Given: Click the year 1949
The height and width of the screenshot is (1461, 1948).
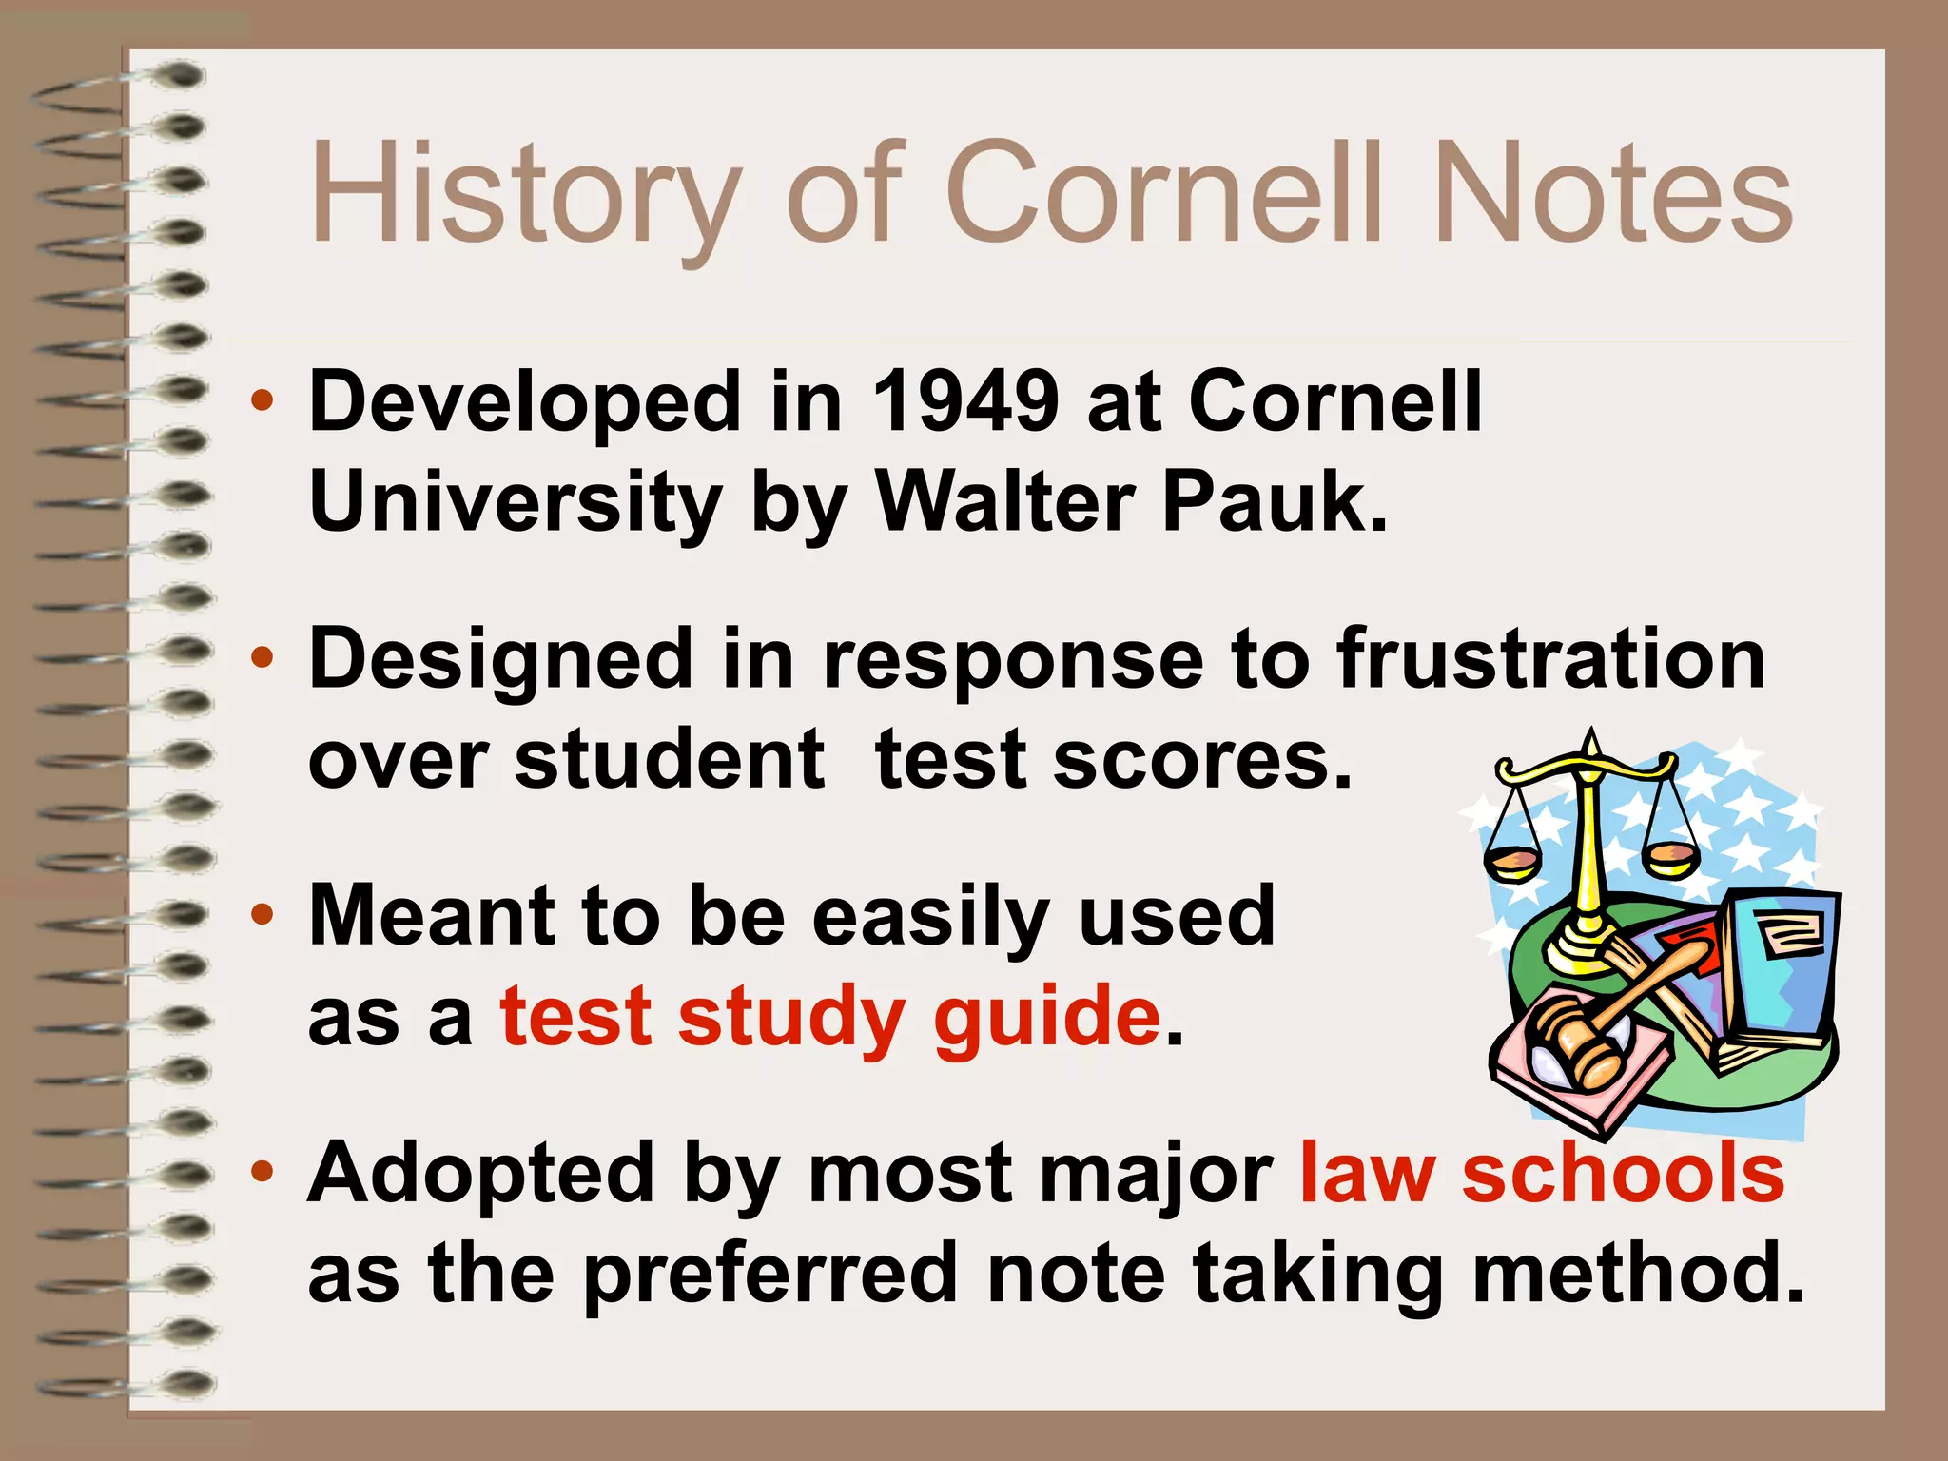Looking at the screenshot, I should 964,402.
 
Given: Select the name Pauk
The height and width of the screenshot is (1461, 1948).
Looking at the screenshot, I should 1274,502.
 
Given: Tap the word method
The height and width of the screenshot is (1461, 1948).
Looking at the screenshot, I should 1636,1275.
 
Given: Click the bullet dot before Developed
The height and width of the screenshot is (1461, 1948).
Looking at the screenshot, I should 263,400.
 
